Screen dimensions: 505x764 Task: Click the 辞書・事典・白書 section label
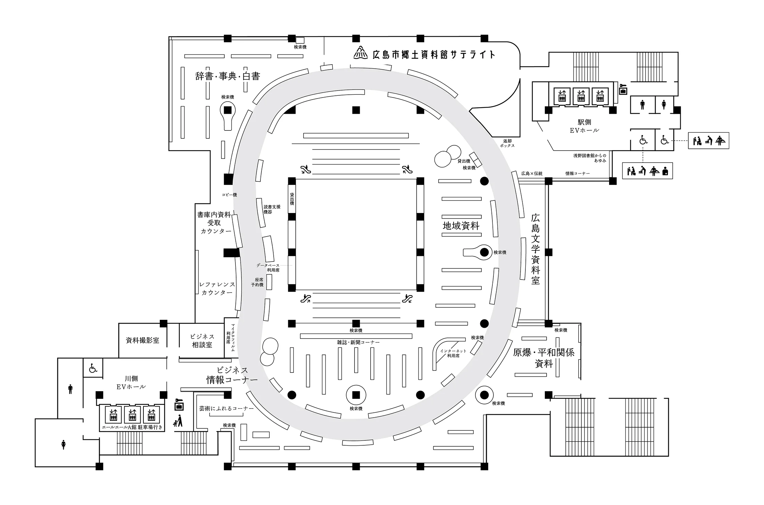point(227,76)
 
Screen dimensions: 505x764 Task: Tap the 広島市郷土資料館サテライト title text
point(433,54)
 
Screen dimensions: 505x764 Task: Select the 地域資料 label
point(461,226)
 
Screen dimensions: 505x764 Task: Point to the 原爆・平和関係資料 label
point(543,358)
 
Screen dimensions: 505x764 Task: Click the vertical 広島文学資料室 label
point(535,249)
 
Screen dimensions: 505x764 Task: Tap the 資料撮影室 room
point(142,340)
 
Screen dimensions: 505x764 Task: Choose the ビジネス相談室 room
point(202,341)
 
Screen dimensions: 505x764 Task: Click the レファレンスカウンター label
point(217,288)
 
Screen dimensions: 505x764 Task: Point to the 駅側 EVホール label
point(584,126)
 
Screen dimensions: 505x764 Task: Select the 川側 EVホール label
point(131,383)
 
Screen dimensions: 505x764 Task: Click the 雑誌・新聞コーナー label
point(358,342)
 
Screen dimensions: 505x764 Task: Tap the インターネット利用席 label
point(453,353)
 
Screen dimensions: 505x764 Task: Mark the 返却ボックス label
point(507,143)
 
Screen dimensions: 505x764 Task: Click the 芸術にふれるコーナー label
point(226,408)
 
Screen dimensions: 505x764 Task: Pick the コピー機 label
point(229,195)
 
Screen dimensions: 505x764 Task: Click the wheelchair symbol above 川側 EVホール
point(93,368)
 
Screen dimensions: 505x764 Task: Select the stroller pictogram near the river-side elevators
point(179,421)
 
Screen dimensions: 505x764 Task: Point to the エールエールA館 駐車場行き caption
point(132,427)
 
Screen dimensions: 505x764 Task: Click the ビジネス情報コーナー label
point(232,375)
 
